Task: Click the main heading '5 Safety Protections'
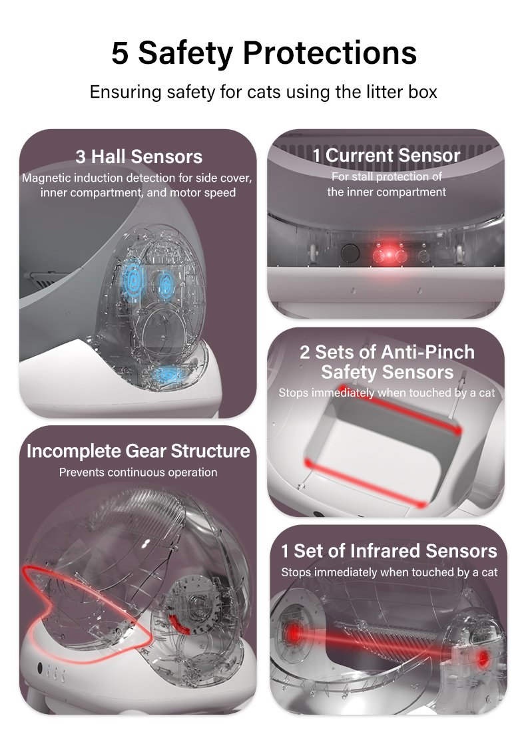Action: [x=264, y=53]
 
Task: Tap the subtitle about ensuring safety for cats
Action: [x=264, y=92]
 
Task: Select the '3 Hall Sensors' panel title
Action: [x=138, y=156]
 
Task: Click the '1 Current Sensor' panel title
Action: [x=386, y=155]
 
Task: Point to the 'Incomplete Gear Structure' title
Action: [x=138, y=451]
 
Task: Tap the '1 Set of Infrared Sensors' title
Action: [x=389, y=551]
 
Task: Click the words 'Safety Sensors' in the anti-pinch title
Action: [x=388, y=372]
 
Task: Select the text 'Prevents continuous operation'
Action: [x=138, y=472]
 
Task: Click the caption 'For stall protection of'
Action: [x=387, y=176]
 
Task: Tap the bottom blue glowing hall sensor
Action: [x=168, y=374]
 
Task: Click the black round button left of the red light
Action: [x=350, y=253]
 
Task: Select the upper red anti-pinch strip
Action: [x=400, y=408]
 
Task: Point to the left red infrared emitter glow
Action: [x=294, y=632]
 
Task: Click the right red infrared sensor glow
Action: [x=483, y=658]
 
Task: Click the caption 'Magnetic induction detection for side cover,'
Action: [x=137, y=178]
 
